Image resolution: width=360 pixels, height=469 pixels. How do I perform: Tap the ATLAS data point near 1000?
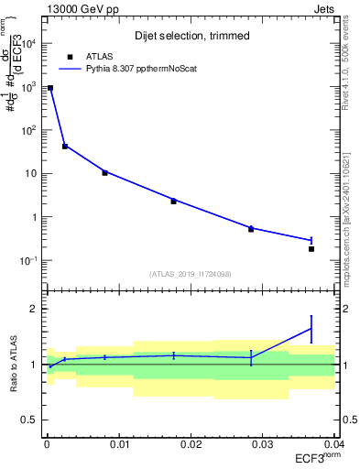pyautogui.click(x=50, y=88)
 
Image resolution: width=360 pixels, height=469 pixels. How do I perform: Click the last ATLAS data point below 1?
pyautogui.click(x=311, y=249)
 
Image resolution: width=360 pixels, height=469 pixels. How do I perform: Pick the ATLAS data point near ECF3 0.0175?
pyautogui.click(x=173, y=201)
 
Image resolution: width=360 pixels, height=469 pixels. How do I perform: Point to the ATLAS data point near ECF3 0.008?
pyautogui.click(x=104, y=172)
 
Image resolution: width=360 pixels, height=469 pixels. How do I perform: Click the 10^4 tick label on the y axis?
pyautogui.click(x=29, y=43)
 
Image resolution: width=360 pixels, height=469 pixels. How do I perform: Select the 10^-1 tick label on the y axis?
pyautogui.click(x=29, y=261)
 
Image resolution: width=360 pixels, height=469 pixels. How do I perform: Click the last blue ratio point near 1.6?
pyautogui.click(x=311, y=329)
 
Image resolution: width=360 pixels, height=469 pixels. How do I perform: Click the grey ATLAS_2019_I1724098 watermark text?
pyautogui.click(x=191, y=273)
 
